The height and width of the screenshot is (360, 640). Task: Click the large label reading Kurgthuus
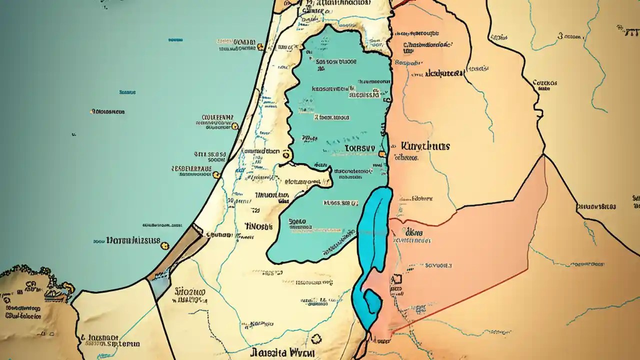coord(425,146)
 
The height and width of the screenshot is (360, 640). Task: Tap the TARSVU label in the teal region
coord(359,148)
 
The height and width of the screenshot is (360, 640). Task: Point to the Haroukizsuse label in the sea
coord(133,240)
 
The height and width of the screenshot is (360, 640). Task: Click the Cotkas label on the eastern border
coord(545,83)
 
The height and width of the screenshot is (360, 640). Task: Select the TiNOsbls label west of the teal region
coord(258,226)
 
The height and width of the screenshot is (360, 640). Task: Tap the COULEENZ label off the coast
coord(217,118)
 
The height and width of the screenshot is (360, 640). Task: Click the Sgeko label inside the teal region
coord(297,220)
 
